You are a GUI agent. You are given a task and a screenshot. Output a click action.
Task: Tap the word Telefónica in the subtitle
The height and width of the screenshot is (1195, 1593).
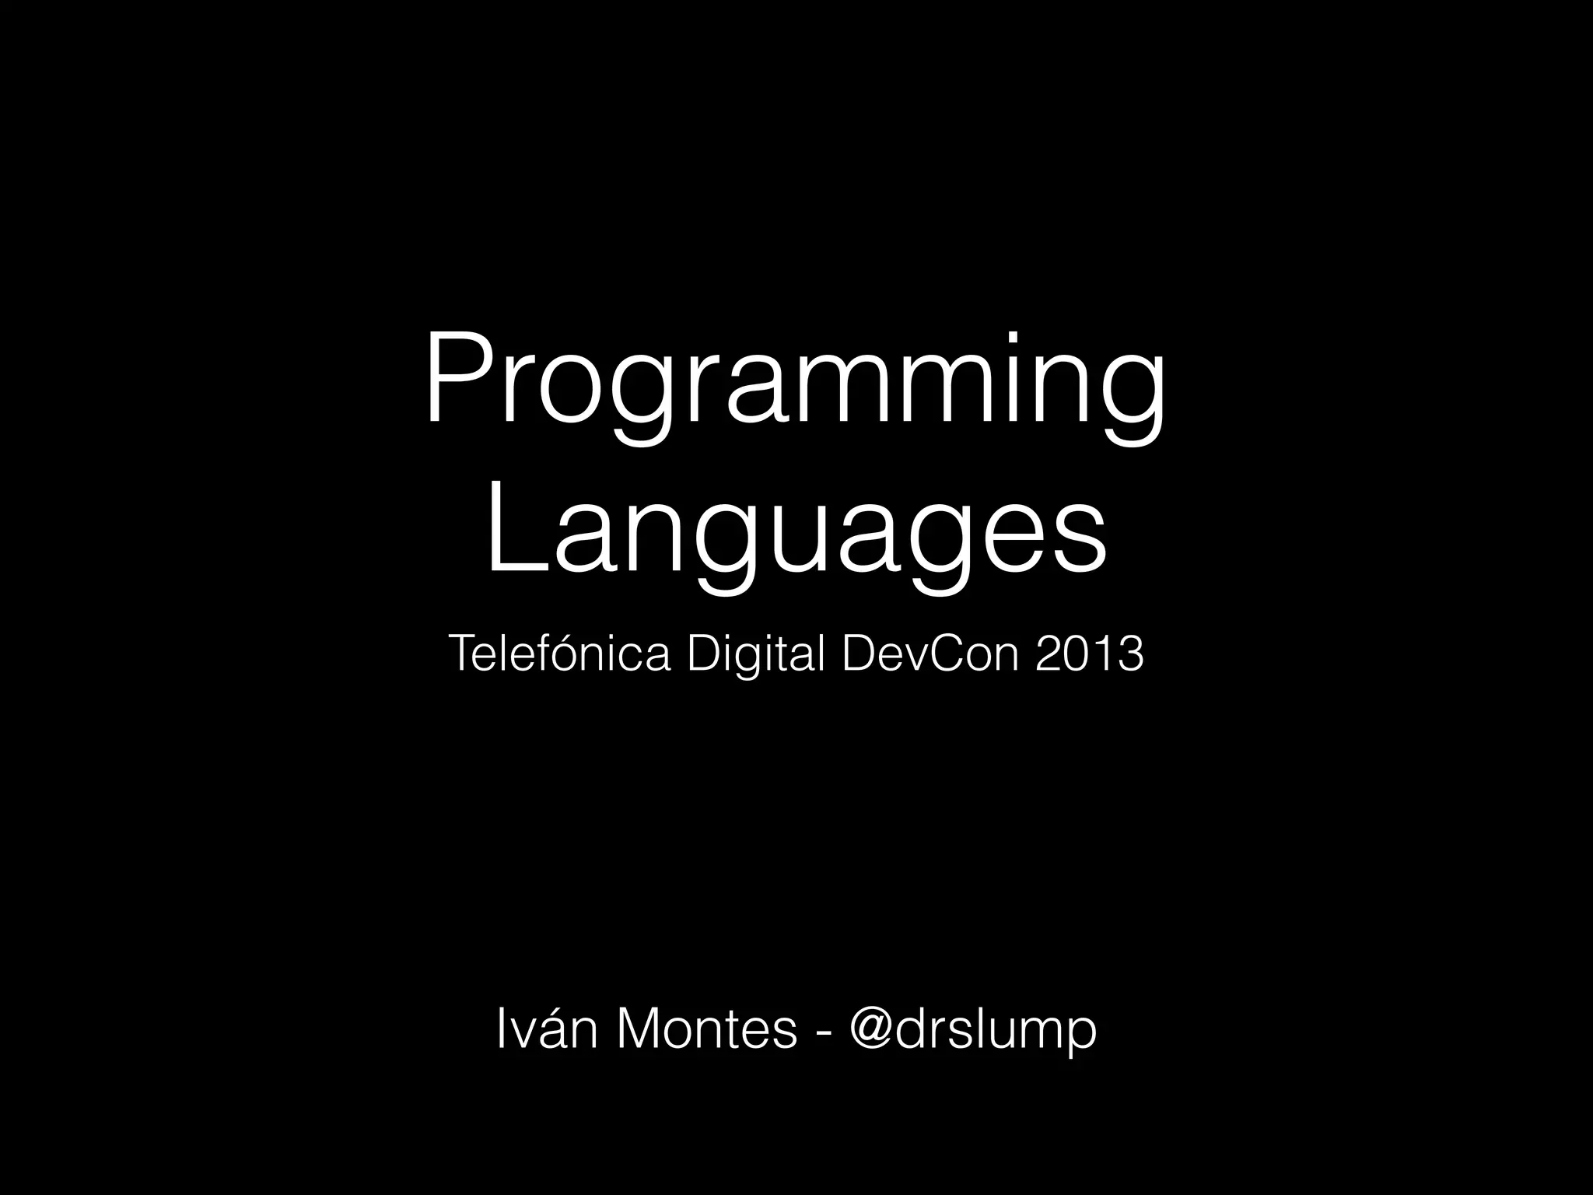point(558,654)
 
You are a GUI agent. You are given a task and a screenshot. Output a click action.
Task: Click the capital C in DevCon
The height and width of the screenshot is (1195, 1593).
point(942,654)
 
